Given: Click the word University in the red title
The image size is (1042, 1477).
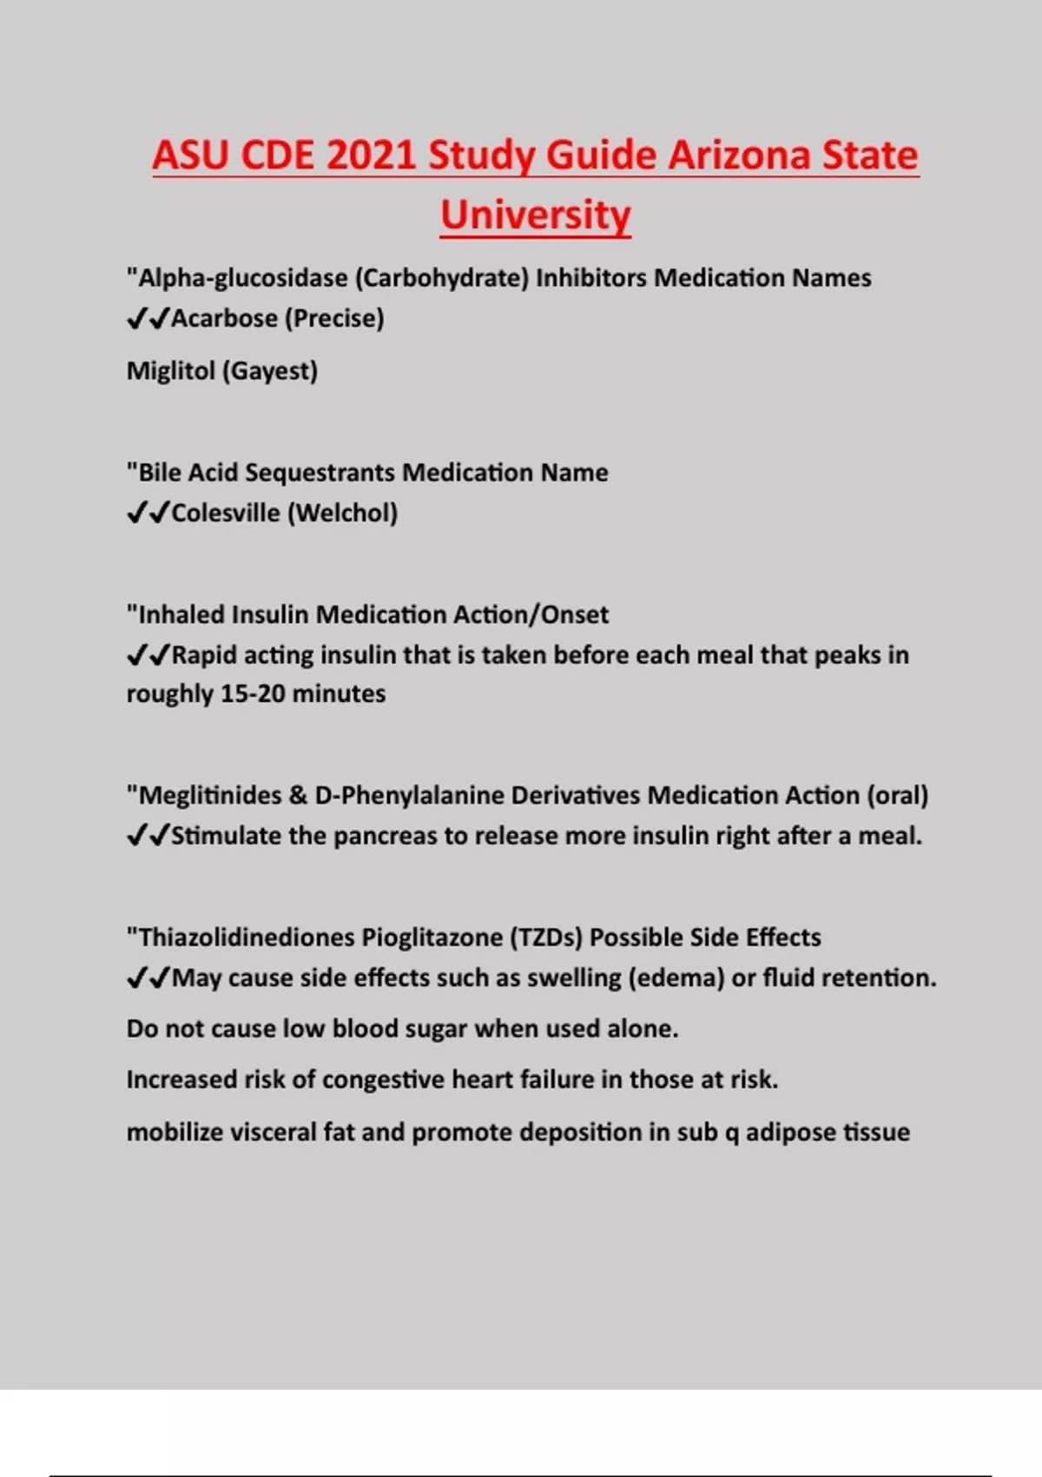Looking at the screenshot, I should point(535,215).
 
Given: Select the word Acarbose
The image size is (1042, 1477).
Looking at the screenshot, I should point(224,318).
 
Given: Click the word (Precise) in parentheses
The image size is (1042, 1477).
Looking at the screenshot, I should point(334,318).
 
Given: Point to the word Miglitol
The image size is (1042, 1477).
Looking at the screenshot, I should point(170,371).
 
